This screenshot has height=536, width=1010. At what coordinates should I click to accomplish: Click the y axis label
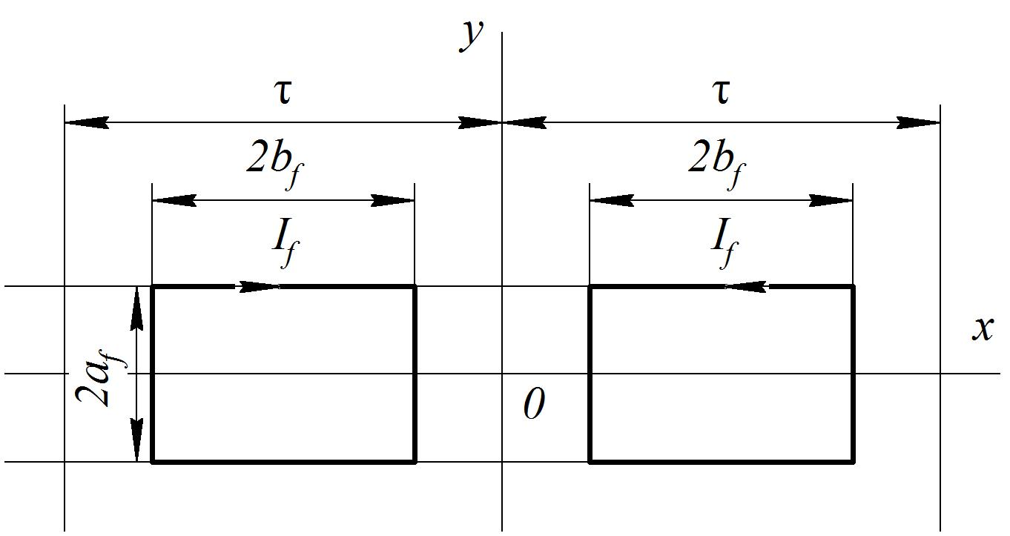471,36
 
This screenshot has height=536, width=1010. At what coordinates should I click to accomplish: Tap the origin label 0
535,403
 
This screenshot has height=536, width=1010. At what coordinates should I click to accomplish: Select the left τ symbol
283,93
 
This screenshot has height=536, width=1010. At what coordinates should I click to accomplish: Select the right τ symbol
722,93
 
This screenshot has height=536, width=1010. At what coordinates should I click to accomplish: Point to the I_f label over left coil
285,242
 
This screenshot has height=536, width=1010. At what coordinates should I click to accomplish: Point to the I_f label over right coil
725,242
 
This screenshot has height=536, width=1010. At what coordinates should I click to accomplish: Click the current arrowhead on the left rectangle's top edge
258,287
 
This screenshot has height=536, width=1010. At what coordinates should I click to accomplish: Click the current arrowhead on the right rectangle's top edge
745,287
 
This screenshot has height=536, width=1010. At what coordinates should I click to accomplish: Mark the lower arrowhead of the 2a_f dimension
136,440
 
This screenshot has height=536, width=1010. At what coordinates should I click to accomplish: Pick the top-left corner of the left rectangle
153,287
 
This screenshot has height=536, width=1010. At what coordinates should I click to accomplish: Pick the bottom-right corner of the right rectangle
853,462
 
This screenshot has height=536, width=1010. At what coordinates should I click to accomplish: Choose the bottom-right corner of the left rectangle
415,462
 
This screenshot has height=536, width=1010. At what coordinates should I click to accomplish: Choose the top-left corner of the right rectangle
590,287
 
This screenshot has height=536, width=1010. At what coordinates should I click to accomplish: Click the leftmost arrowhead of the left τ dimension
87,122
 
